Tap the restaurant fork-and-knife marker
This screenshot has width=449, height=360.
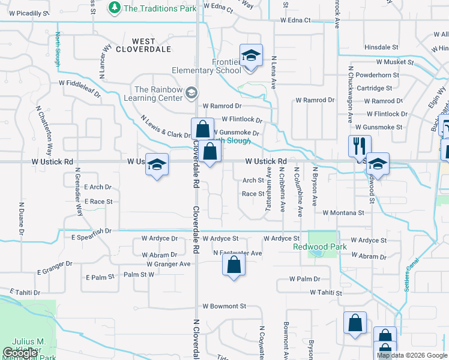pos(360,146)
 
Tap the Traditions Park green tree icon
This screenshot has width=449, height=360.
pos(115,8)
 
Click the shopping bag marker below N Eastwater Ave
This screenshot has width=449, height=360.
pos(234,264)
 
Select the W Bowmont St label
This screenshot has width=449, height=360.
pos(224,306)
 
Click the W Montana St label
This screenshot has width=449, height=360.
pos(343,212)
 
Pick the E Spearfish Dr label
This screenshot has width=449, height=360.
pos(91,230)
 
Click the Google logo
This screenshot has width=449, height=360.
pos(20,353)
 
